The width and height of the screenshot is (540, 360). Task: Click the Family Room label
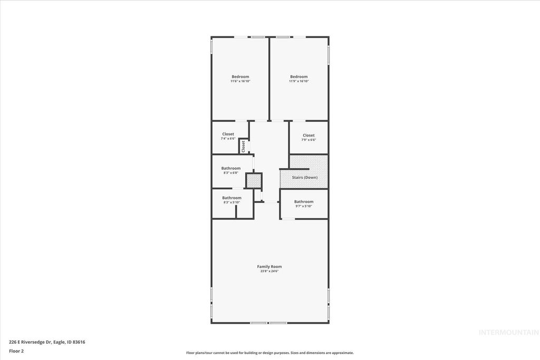269,267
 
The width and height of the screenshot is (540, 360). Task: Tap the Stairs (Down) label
305,178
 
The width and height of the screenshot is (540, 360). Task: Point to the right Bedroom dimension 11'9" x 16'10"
298,81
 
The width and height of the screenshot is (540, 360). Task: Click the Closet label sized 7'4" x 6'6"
228,134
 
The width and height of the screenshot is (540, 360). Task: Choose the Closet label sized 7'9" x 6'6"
308,135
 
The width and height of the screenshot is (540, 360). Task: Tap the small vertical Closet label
243,146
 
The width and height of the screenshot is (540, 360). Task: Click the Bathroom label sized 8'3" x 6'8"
230,169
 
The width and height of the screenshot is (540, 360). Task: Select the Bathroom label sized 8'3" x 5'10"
232,198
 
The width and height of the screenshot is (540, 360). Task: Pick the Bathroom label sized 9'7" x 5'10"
303,202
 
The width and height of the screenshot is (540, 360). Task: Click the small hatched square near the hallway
254,181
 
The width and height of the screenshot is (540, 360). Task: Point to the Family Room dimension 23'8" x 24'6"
269,271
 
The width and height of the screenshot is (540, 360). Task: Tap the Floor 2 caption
16,351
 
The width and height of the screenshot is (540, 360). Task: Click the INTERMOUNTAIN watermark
508,332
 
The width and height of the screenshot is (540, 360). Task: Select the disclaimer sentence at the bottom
269,353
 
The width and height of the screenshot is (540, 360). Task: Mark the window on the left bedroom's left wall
211,46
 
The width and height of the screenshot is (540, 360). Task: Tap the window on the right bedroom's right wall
329,55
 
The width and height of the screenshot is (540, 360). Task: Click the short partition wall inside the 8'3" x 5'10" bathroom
236,211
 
